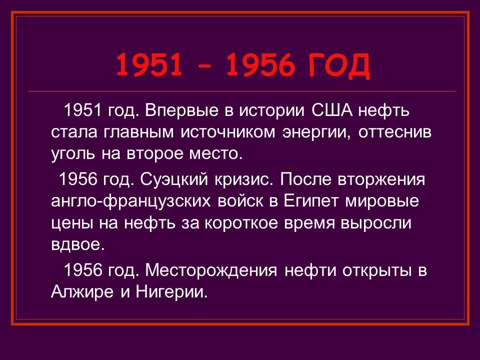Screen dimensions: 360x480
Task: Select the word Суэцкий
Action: (x=173, y=179)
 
